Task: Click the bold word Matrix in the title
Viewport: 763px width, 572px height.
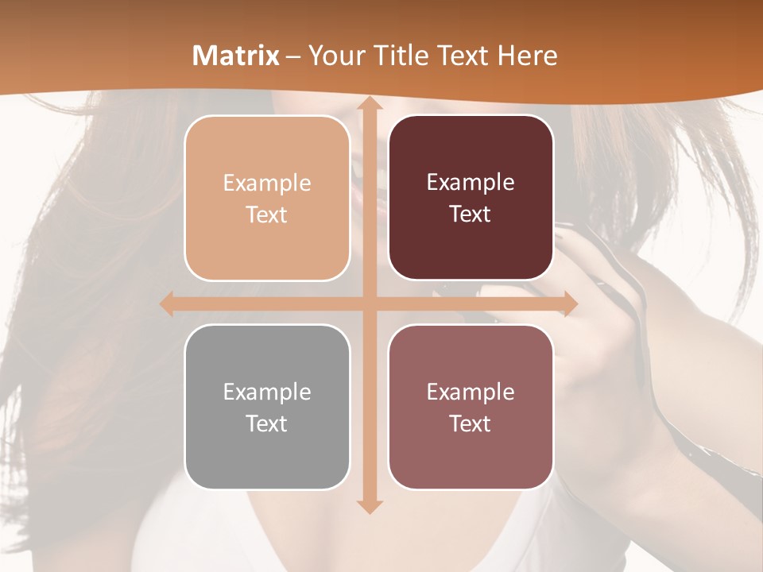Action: pyautogui.click(x=236, y=56)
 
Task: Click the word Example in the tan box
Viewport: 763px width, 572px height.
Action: pyautogui.click(x=267, y=184)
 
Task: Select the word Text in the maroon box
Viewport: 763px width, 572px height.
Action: pyautogui.click(x=471, y=214)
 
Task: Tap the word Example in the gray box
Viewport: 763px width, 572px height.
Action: pyautogui.click(x=267, y=392)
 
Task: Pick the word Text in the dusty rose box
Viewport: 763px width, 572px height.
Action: pyautogui.click(x=471, y=423)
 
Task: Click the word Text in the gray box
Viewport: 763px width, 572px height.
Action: pyautogui.click(x=267, y=423)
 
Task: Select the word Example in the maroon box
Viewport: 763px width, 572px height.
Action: pyautogui.click(x=471, y=183)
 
